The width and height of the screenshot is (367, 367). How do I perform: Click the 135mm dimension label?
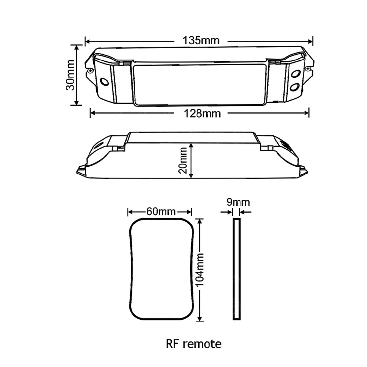[x=201, y=40]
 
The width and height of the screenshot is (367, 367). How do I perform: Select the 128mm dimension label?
[x=202, y=114]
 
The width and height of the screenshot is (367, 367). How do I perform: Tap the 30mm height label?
[x=70, y=75]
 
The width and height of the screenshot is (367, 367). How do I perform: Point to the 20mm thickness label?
[x=183, y=160]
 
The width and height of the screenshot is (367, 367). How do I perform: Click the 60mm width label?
[x=161, y=212]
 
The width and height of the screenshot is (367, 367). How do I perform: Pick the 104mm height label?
[x=200, y=270]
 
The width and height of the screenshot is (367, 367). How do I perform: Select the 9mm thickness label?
[x=238, y=202]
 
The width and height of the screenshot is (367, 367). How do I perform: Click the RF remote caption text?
[x=193, y=344]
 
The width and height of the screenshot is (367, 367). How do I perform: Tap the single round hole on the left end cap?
[x=104, y=82]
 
